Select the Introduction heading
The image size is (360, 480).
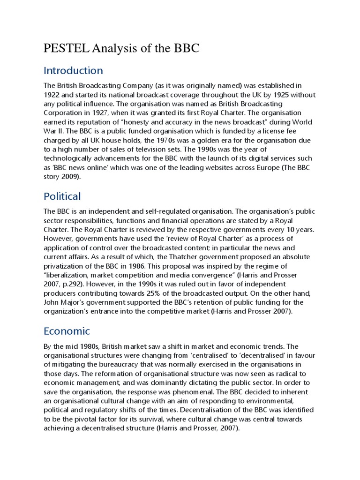pos(73,71)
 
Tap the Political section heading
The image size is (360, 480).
pos(62,196)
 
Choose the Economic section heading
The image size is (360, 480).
pos(67,331)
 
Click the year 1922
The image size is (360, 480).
pos(53,95)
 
